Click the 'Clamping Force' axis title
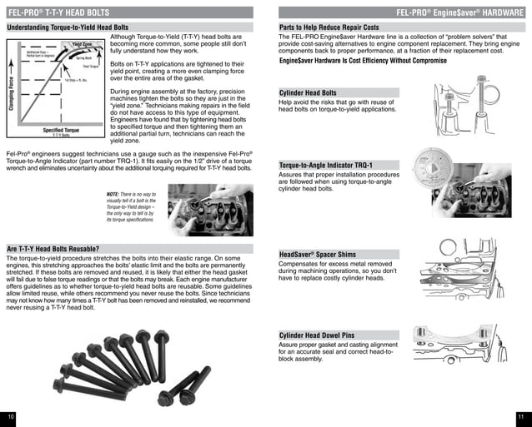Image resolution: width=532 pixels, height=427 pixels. [11, 90]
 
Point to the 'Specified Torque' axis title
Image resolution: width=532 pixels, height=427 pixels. [62, 131]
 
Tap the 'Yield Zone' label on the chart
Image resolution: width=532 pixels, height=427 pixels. [83, 44]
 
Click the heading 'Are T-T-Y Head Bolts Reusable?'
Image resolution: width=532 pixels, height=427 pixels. [53, 248]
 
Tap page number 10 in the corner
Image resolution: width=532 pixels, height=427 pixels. [12, 415]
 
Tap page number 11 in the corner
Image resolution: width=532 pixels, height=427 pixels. [519, 415]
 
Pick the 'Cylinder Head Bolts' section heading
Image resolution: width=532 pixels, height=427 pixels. [309, 92]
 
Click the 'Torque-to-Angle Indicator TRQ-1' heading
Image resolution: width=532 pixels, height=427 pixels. [326, 166]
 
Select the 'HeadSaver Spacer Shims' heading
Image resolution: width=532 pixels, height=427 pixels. [318, 253]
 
